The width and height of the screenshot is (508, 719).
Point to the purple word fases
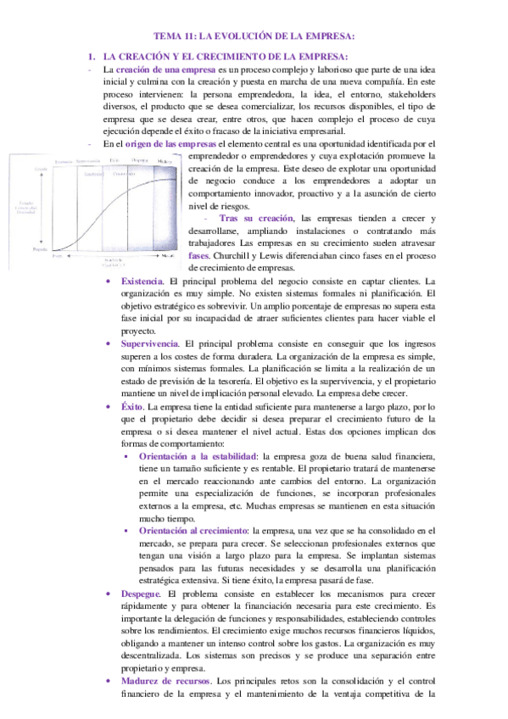198,254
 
